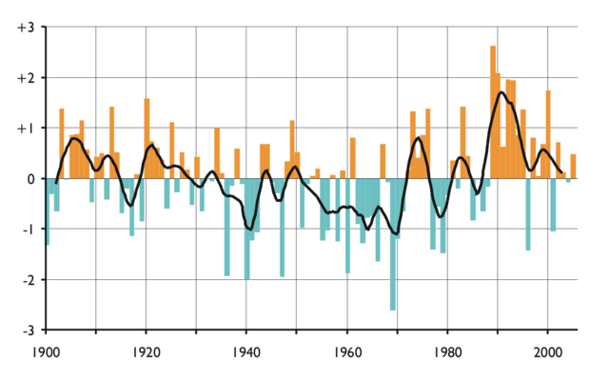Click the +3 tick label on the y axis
pyautogui.click(x=24, y=27)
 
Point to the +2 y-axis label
pyautogui.click(x=24, y=77)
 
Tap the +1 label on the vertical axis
pyautogui.click(x=24, y=128)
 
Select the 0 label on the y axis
pyautogui.click(x=29, y=179)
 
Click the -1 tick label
pyautogui.click(x=26, y=230)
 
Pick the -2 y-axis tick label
pyautogui.click(x=26, y=280)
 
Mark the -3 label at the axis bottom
pyautogui.click(x=26, y=330)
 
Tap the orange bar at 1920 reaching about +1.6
pyautogui.click(x=147, y=138)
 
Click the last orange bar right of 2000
pyautogui.click(x=573, y=166)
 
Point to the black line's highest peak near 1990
pyautogui.click(x=501, y=92)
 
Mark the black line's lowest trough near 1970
pyautogui.click(x=395, y=233)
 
